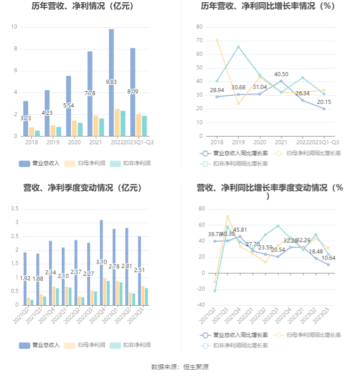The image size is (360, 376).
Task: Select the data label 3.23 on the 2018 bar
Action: click(26, 118)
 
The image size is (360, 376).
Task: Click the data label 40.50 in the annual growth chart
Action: click(281, 74)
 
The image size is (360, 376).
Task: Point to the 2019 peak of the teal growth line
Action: click(238, 47)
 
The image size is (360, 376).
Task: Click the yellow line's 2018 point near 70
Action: click(217, 40)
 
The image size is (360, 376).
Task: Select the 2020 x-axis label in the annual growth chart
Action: click(260, 142)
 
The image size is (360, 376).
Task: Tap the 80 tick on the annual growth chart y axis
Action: click(199, 27)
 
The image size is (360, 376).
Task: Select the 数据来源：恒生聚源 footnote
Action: click(180, 367)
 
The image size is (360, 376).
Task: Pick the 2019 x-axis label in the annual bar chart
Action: click(53, 142)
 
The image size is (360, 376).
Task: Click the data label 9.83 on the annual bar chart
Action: click(111, 82)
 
